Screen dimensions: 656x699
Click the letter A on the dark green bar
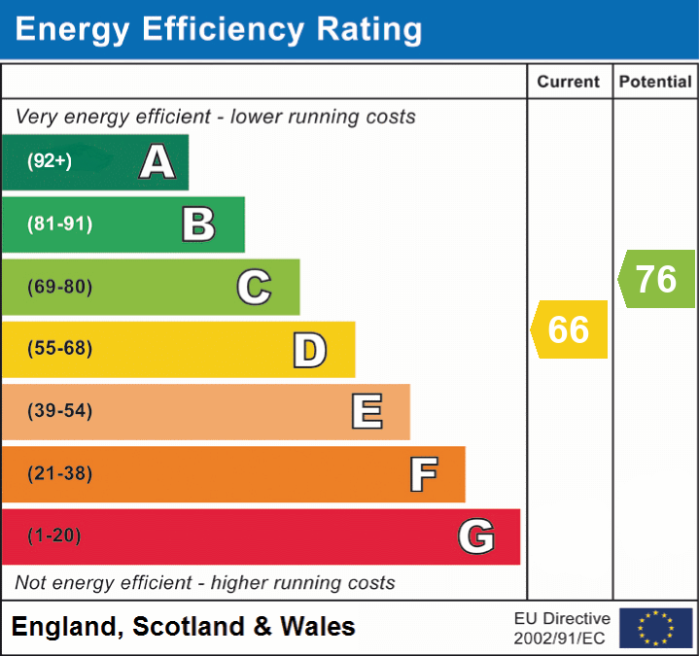[x=157, y=162]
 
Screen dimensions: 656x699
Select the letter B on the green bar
[x=198, y=224]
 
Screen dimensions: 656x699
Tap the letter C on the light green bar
[x=254, y=287]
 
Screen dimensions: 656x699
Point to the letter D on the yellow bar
[x=309, y=350]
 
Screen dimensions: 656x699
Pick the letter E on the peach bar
[x=367, y=411]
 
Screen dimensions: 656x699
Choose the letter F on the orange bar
[x=423, y=474]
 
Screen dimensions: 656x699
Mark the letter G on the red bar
[x=476, y=536]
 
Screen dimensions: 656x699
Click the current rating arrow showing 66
[x=569, y=329]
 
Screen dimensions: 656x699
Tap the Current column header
[x=570, y=83]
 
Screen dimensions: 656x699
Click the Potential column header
[x=655, y=83]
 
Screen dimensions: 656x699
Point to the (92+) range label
[x=50, y=161]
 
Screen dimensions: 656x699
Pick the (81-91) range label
[x=59, y=224]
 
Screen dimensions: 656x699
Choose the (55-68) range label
[x=59, y=349]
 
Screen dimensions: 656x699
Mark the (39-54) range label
[x=59, y=411]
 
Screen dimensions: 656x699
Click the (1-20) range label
[x=53, y=535]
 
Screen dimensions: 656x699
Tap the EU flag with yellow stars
[x=655, y=628]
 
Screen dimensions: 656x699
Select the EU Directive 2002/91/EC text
[x=562, y=628]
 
